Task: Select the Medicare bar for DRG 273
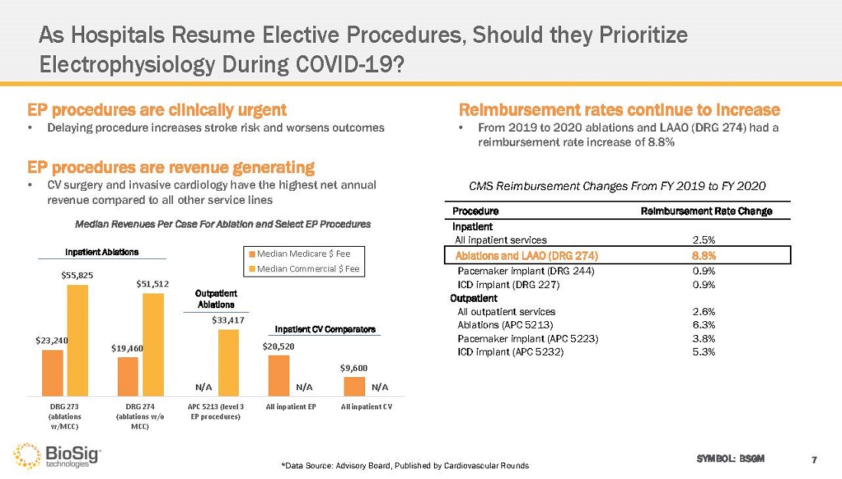click(x=52, y=372)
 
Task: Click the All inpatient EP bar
click(x=279, y=376)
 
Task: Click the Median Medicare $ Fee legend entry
click(x=302, y=254)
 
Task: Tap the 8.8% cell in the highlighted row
click(x=703, y=255)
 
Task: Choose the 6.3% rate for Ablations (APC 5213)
click(x=703, y=325)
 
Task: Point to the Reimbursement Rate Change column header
click(x=706, y=211)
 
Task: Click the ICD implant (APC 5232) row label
click(x=510, y=352)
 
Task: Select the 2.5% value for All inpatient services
click(x=703, y=240)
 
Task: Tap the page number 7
click(x=814, y=459)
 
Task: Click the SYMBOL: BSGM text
click(x=729, y=458)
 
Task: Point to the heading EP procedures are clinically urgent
click(x=157, y=110)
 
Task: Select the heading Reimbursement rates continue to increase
click(x=618, y=110)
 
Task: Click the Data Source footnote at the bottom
click(x=405, y=466)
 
